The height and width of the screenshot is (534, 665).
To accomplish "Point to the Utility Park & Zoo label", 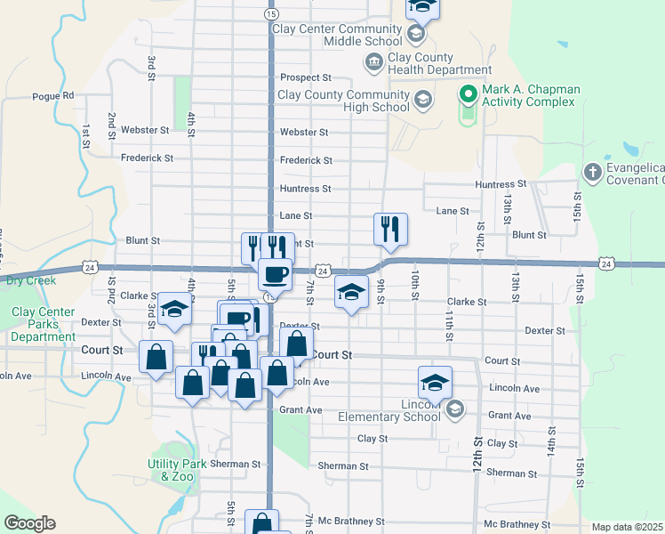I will click(175, 470).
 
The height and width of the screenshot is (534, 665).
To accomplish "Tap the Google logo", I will click(29, 523).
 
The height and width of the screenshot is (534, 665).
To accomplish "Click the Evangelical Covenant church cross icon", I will click(593, 170).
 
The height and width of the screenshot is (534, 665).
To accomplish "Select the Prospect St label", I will click(305, 77).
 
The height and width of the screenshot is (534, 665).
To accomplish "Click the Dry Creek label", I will click(31, 280).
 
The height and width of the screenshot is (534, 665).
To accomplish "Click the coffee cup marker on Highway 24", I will click(275, 274).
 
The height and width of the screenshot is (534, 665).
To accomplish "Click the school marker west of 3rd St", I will click(175, 309).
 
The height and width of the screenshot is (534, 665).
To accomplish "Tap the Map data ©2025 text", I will click(628, 527).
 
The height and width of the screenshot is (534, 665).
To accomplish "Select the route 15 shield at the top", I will click(270, 14).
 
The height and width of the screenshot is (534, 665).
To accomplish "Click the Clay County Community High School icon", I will click(422, 99).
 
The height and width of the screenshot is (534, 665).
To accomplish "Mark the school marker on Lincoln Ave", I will click(435, 383).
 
